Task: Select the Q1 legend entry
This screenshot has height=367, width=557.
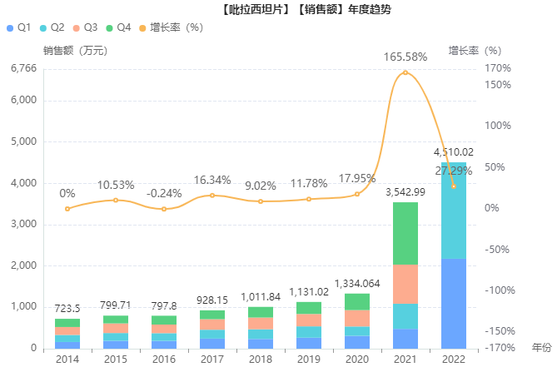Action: pos(18,27)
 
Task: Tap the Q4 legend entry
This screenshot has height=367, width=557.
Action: pos(118,27)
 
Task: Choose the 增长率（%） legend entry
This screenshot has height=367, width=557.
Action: pos(172,27)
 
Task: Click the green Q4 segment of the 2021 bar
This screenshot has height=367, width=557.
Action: pos(405,233)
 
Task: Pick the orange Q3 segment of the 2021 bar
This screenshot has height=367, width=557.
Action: pos(405,284)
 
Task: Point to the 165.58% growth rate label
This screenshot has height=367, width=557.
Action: pos(405,57)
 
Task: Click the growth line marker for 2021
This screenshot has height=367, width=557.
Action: pos(405,72)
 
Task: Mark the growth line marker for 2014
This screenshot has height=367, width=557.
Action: pos(67,208)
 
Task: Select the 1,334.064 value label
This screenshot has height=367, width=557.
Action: pos(357,284)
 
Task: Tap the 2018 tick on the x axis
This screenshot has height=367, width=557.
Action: pos(261,359)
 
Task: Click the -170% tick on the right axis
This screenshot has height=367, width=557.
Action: pos(498,348)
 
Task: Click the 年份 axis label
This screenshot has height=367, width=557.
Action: pos(541,346)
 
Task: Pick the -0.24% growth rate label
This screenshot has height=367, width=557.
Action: pos(164,193)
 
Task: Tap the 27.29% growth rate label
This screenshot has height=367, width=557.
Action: pos(454,171)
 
